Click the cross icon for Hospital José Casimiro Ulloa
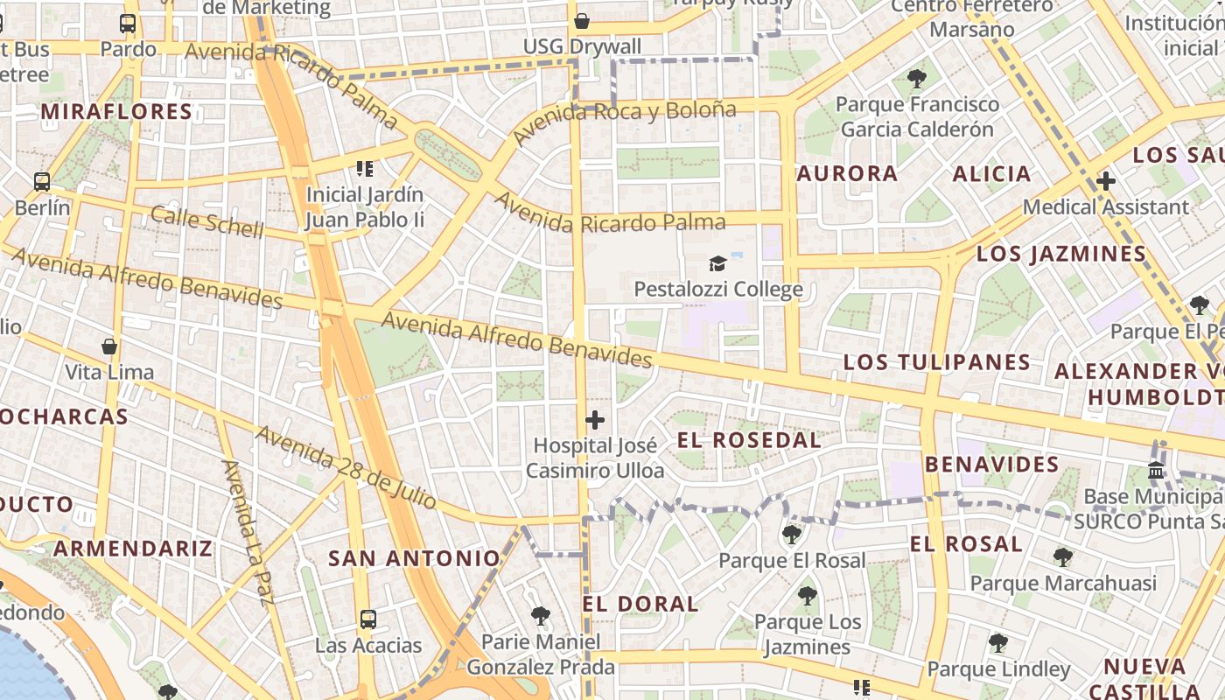click(x=595, y=420)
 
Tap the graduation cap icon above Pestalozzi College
click(x=717, y=263)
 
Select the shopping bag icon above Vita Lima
click(x=109, y=346)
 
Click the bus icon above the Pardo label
click(x=128, y=24)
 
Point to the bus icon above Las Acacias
click(x=368, y=619)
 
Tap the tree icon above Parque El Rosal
click(x=791, y=534)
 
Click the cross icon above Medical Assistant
click(x=1106, y=181)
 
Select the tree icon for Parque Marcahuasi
click(x=1063, y=556)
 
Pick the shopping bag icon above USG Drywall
click(x=582, y=20)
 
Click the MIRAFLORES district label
click(x=116, y=111)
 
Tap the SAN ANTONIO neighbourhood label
click(x=414, y=557)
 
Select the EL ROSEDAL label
click(x=750, y=439)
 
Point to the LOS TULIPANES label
click(x=937, y=361)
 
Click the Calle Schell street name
click(x=206, y=222)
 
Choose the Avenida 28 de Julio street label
click(x=346, y=467)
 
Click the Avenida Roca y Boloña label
click(x=625, y=122)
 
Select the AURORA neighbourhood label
click(x=848, y=173)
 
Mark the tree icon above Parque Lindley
click(x=997, y=643)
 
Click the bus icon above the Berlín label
click(x=42, y=182)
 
